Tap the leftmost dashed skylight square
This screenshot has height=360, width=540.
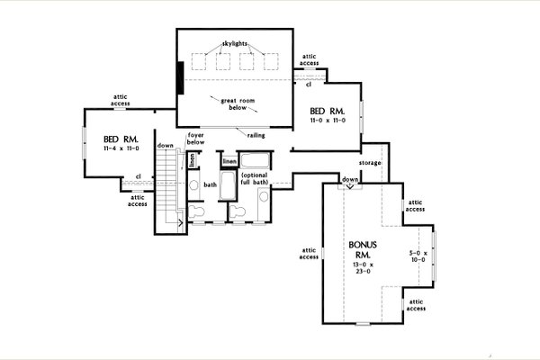[200, 61]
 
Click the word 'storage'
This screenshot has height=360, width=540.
[370, 163]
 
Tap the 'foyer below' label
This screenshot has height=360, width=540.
[195, 139]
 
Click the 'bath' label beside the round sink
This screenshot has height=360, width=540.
[211, 185]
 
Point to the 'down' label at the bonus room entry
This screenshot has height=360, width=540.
[350, 179]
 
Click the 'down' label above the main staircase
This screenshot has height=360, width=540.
[165, 145]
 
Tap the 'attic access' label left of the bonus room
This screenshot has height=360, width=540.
[309, 253]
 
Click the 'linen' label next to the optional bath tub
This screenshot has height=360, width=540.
[229, 162]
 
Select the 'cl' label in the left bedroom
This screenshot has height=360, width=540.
[138, 176]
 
